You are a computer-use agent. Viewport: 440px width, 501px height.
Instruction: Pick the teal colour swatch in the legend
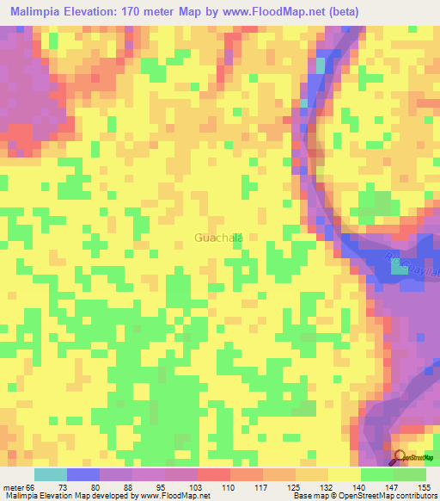point(51,474)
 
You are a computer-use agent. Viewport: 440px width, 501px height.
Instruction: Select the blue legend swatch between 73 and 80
point(83,474)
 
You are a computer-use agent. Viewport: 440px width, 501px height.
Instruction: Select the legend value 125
point(296,488)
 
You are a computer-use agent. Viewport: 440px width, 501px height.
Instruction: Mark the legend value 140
point(360,488)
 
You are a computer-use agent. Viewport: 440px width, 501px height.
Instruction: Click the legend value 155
point(425,488)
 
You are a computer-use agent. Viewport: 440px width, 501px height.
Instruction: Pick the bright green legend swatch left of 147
point(377,474)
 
